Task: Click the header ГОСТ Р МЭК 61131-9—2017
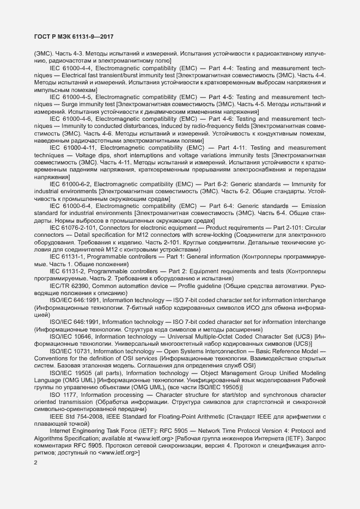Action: [74, 38]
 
